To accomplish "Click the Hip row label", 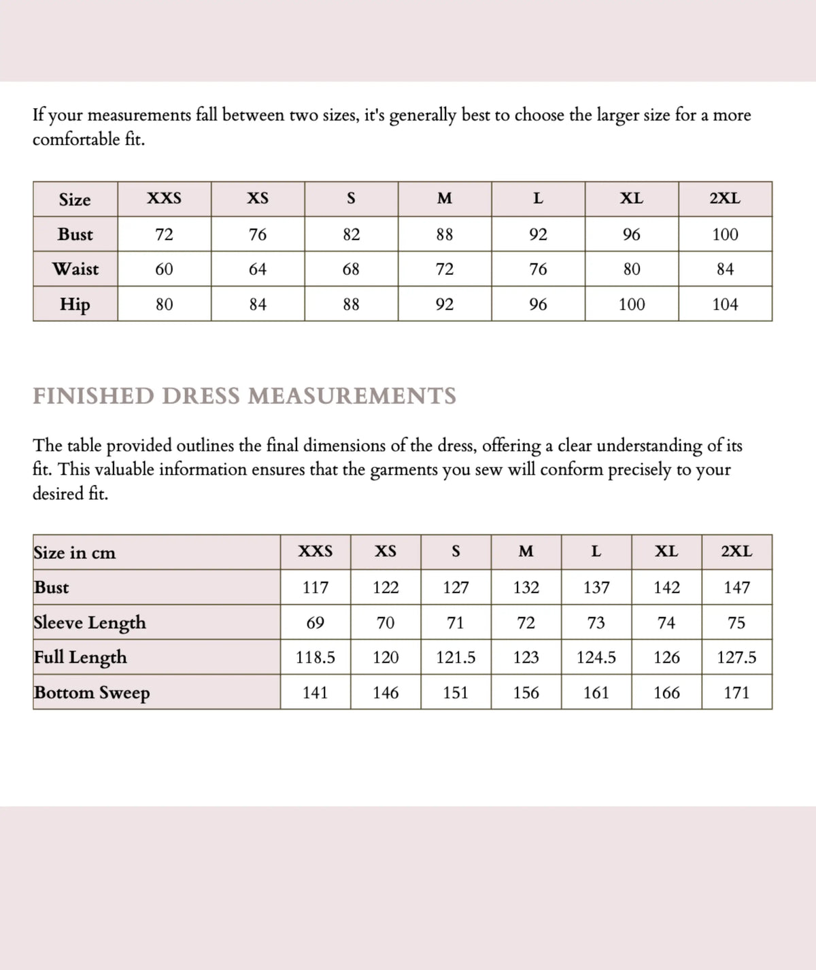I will [75, 304].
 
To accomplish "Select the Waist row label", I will [75, 269].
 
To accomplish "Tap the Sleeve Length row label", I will [90, 622].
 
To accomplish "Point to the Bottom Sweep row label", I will [92, 692].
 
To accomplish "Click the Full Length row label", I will [80, 657].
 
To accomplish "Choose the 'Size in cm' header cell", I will [75, 552].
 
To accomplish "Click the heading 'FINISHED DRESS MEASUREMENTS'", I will [245, 396].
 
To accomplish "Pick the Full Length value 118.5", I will [316, 658].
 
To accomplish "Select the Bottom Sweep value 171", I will [736, 692].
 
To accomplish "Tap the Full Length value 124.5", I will [596, 658].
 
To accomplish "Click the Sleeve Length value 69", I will [316, 622].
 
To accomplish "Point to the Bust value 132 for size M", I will [526, 587].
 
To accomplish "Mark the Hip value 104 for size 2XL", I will [725, 304].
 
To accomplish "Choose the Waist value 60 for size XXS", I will [164, 269].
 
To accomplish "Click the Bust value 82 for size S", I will [351, 235].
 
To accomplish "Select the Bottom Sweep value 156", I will [526, 692].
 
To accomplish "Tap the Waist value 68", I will [351, 269].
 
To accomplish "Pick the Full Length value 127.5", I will [736, 658].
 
